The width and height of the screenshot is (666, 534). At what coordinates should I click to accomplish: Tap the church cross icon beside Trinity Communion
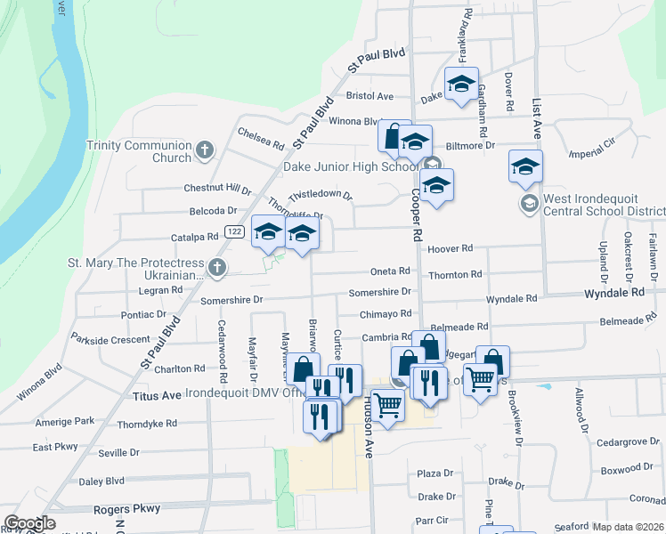tap(205, 150)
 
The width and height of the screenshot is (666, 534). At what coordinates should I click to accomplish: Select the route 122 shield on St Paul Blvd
tap(234, 231)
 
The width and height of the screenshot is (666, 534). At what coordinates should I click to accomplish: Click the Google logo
tap(29, 523)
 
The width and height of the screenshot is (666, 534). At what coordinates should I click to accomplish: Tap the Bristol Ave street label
tap(370, 96)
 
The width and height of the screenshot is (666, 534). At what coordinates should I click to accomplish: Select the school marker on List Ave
tap(525, 166)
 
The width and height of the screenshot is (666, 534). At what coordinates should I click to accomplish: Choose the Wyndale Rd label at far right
tap(613, 292)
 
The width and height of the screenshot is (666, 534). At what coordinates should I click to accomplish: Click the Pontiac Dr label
tap(143, 314)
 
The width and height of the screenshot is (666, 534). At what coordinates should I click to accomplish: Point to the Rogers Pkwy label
tap(126, 509)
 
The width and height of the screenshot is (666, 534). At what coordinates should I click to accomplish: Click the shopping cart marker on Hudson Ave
tap(388, 405)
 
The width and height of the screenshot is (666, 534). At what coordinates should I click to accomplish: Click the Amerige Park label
tap(64, 421)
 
